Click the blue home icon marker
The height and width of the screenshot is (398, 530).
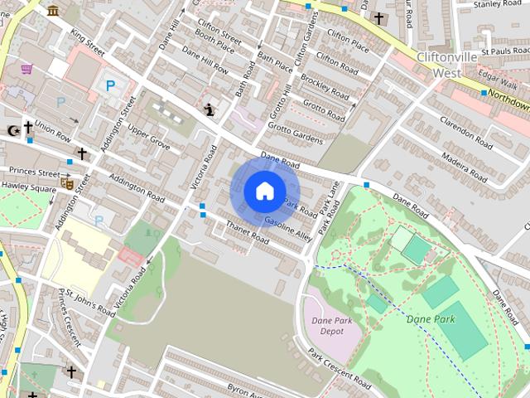[264, 191]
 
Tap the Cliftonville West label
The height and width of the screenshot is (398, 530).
[444, 66]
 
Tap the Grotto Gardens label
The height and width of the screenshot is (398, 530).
[294, 133]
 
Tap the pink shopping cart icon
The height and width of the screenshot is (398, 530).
[26, 69]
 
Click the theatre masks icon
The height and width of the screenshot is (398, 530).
[67, 182]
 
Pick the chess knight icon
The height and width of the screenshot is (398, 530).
[211, 109]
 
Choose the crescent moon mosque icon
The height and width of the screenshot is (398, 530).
[12, 129]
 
